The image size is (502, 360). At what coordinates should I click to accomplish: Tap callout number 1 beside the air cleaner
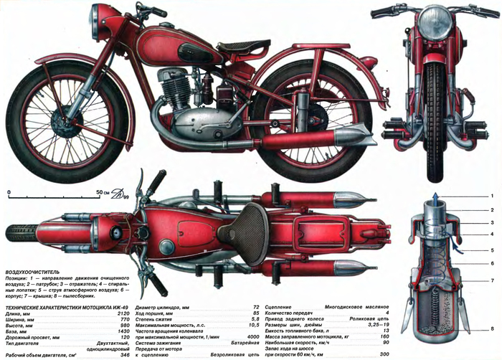pos(493,195)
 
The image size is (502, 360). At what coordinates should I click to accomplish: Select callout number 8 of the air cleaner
pos(493,328)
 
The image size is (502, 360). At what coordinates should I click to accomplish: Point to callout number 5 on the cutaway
pos(493,250)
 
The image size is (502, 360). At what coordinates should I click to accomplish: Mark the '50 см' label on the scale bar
pos(103,193)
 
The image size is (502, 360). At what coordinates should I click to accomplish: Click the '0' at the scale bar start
pos(9,193)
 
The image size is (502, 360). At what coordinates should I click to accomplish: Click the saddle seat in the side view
pos(245,47)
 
